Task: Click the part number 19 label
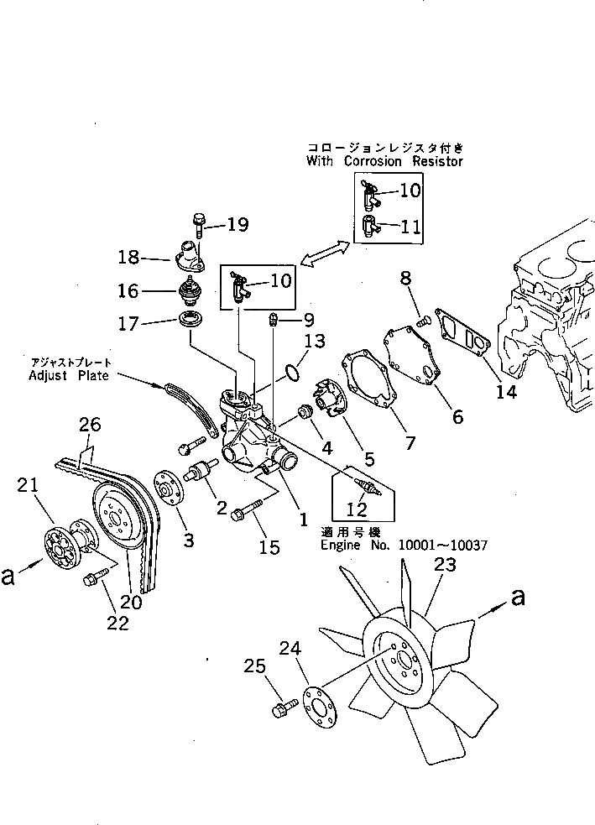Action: coord(237,224)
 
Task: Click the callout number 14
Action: coord(505,390)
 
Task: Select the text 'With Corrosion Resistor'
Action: coord(384,161)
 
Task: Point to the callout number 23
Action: coord(445,565)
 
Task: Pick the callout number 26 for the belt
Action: coord(90,426)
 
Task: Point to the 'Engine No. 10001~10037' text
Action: coord(404,545)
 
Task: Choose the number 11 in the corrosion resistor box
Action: coord(410,226)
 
